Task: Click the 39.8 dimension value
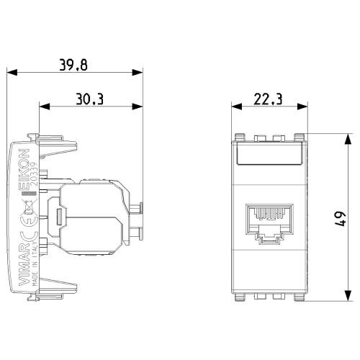tap(73, 65)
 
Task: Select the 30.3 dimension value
tap(90, 99)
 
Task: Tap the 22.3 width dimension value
tap(268, 99)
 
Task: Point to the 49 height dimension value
tap(341, 219)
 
